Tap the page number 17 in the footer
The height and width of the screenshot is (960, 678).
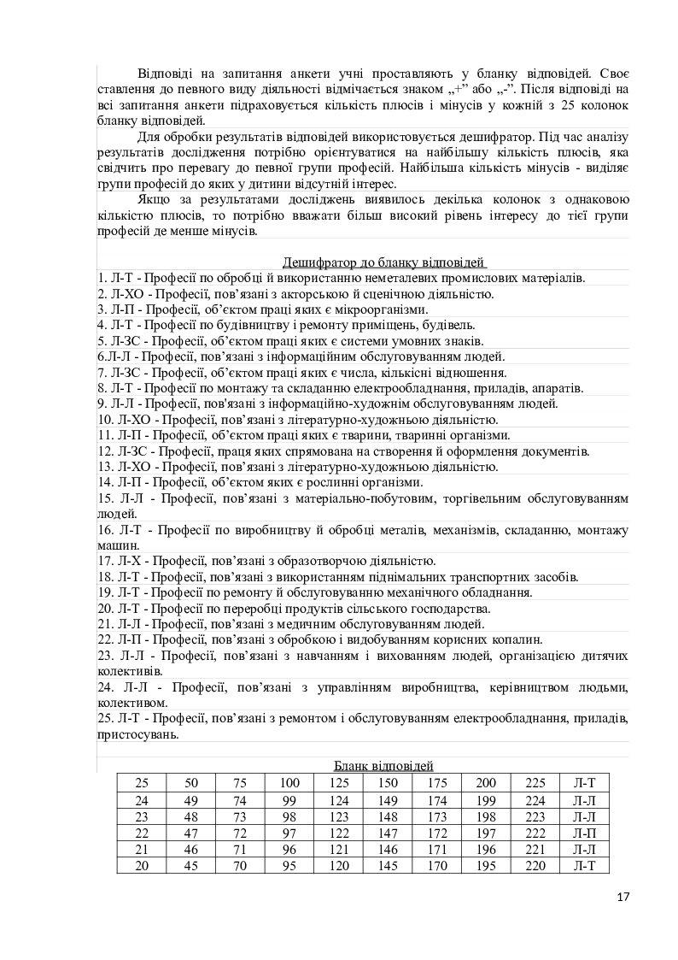pyautogui.click(x=622, y=897)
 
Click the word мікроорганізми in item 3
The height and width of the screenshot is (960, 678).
pyautogui.click(x=383, y=309)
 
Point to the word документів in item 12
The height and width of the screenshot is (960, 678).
pyautogui.click(x=559, y=451)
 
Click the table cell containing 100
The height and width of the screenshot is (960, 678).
pyautogui.click(x=289, y=783)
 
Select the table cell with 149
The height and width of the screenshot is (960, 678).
pyautogui.click(x=388, y=800)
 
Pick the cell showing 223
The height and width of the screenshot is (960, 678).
pyautogui.click(x=535, y=816)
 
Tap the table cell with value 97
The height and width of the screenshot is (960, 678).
pyautogui.click(x=289, y=833)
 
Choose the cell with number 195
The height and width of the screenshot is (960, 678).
pyautogui.click(x=486, y=865)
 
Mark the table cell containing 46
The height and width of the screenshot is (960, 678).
pyautogui.click(x=191, y=849)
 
